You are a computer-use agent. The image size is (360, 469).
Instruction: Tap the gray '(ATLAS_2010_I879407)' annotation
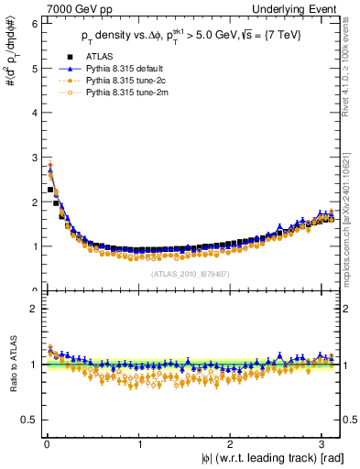[x=190, y=273]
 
